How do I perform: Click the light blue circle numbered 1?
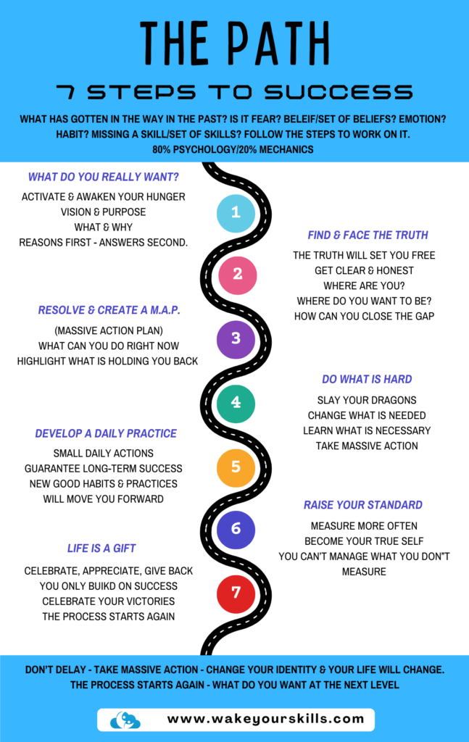tap(236, 212)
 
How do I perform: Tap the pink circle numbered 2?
tap(238, 275)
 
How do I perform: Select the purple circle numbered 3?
tap(236, 338)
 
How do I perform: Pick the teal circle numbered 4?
tap(236, 403)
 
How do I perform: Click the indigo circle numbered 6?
tap(236, 529)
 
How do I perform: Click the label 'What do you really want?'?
tap(103, 176)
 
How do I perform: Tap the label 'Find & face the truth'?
tap(368, 235)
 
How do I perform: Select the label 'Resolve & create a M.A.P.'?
tap(109, 310)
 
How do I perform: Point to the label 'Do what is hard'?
tap(367, 379)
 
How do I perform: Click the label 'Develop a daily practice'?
tap(106, 433)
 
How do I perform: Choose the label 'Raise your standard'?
tap(362, 504)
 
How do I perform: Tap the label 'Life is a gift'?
tap(101, 549)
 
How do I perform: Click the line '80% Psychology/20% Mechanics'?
tap(234, 150)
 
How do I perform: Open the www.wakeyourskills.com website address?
tap(265, 719)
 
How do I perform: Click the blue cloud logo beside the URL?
tap(125, 720)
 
